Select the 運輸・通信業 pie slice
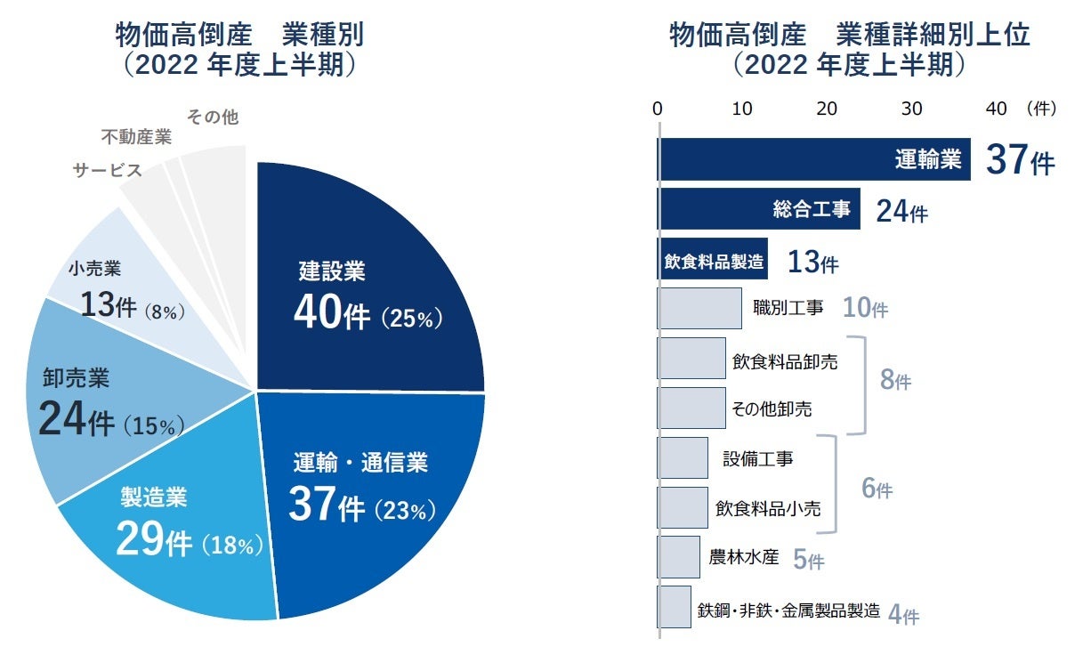(x=374, y=498)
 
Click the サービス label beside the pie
(x=108, y=170)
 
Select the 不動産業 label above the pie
(x=136, y=138)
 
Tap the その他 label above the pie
(x=213, y=117)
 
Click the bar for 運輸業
(x=813, y=159)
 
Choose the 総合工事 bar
(x=758, y=209)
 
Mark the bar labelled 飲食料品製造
(x=712, y=260)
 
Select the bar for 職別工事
(x=699, y=309)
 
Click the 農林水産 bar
(x=679, y=557)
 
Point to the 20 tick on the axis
(x=827, y=109)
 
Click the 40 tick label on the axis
(x=996, y=109)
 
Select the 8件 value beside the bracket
(x=894, y=382)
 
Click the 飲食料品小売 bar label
(x=768, y=508)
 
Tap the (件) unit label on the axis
(x=1040, y=109)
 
